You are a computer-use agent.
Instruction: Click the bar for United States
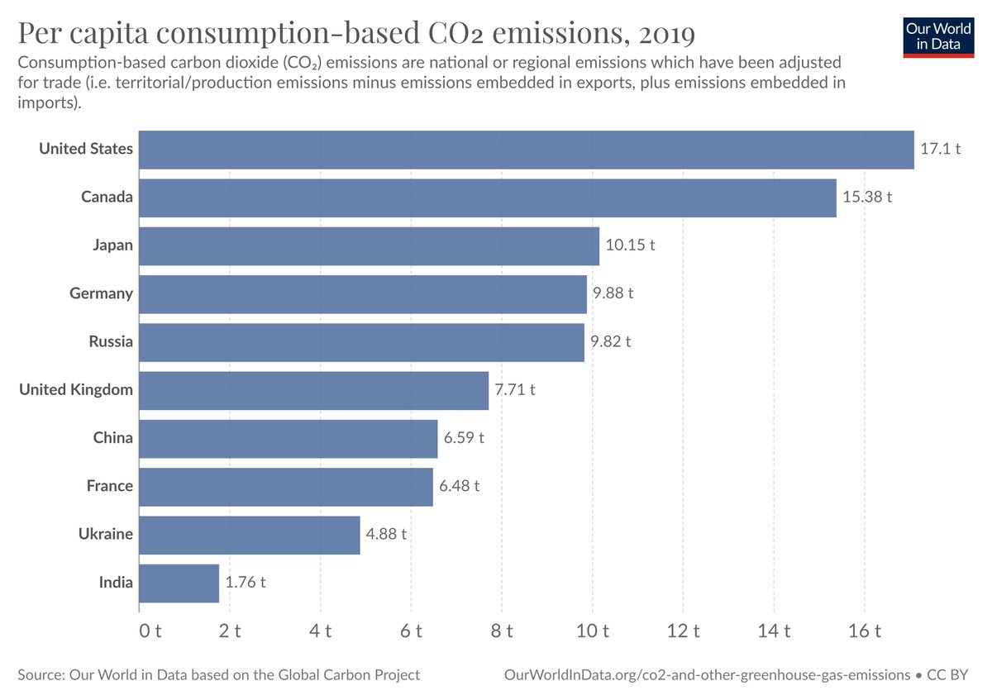tap(526, 150)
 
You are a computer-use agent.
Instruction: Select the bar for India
tap(179, 583)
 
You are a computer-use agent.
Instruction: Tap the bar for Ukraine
tap(249, 535)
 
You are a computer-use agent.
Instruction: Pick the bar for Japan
tap(369, 245)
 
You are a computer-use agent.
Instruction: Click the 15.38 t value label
tap(868, 198)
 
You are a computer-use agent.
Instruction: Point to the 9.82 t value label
tap(611, 341)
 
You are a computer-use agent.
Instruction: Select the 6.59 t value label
tap(464, 438)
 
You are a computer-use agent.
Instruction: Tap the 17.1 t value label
tap(941, 150)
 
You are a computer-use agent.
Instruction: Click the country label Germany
tap(101, 293)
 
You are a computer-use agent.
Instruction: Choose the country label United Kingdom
tap(76, 389)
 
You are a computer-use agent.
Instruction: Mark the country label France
tap(109, 486)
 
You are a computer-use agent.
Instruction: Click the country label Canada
tap(107, 198)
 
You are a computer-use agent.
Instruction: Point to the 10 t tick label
tap(592, 631)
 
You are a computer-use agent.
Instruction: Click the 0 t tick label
tap(149, 631)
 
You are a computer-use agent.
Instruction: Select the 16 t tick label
tap(865, 631)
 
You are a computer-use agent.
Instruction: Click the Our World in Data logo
tap(938, 36)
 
